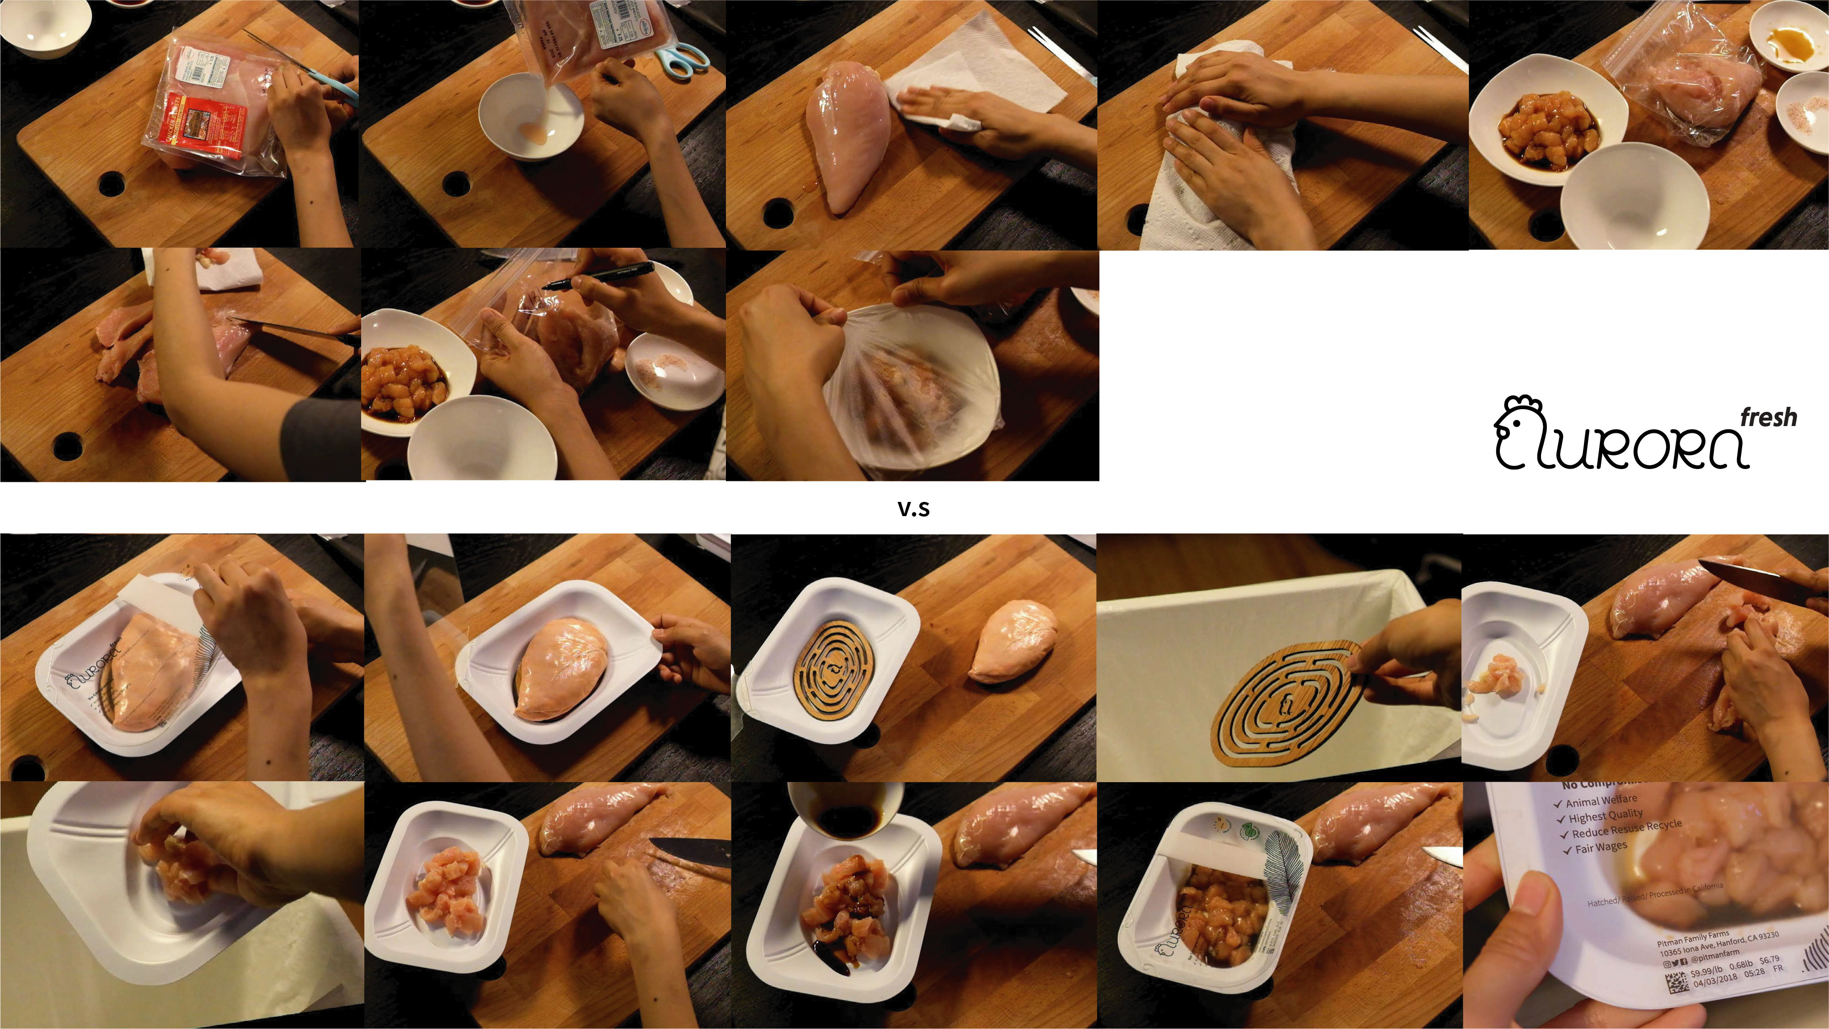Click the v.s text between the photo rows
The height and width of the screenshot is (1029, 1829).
point(914,508)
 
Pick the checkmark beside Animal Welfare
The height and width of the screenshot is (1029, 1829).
point(1558,805)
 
